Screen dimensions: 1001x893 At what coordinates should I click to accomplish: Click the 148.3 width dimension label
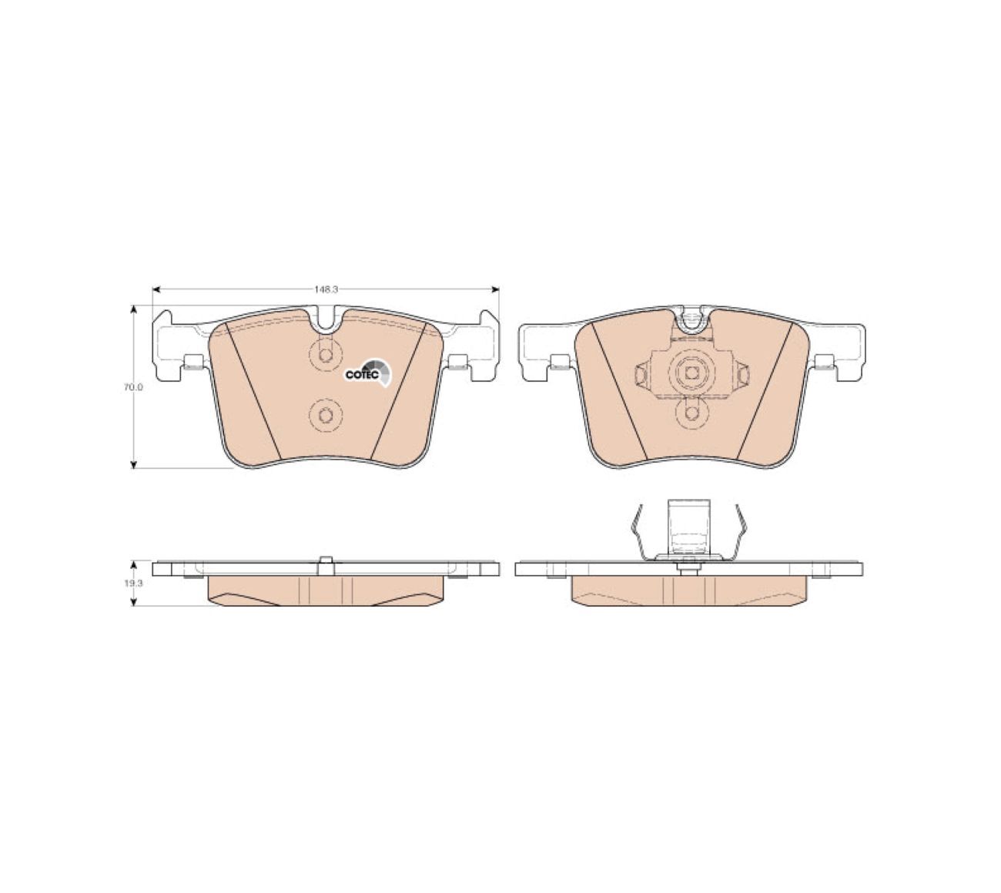(x=326, y=289)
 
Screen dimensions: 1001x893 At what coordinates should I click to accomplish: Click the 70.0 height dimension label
(x=133, y=388)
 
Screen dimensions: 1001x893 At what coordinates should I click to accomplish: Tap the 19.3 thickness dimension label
(x=133, y=583)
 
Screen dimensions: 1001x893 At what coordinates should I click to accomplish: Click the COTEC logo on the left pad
(x=368, y=372)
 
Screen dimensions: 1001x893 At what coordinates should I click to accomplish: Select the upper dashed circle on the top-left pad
(x=325, y=354)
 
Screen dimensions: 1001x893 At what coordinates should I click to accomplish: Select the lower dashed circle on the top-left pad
(x=325, y=415)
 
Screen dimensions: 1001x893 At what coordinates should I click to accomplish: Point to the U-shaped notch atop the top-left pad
(x=326, y=319)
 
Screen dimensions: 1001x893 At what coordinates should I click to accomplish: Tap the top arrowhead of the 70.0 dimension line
(x=133, y=309)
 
